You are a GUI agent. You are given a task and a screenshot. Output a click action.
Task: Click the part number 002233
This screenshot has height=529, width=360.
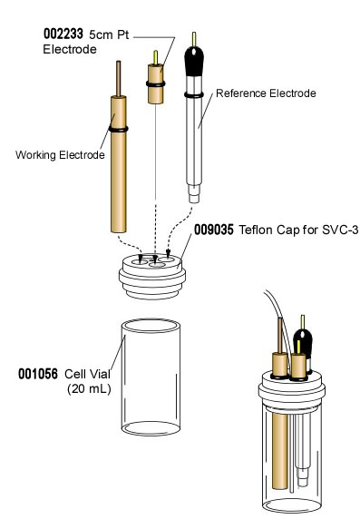[x=62, y=33]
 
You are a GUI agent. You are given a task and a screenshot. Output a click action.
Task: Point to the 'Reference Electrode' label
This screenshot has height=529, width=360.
[x=257, y=93]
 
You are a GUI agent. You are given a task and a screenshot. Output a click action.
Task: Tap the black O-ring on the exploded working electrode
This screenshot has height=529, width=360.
[x=117, y=129]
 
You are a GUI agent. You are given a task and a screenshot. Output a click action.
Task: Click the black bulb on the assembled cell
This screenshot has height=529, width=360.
[x=304, y=343]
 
